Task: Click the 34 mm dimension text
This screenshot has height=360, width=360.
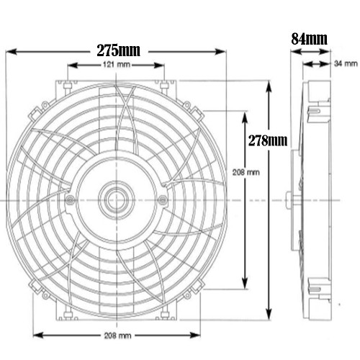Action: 343,64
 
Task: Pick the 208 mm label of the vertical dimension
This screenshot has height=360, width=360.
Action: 247,174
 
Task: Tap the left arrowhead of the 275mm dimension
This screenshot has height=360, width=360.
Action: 9,51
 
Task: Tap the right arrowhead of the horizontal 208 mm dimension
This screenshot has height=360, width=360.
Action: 198,336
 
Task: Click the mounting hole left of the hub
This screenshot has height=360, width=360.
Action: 69,199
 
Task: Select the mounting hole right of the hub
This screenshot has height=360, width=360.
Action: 162,199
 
